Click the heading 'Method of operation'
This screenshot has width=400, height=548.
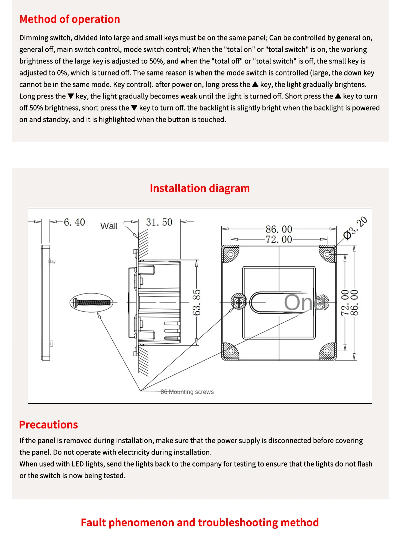pos(70,19)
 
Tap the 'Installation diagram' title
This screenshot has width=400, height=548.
pos(200,188)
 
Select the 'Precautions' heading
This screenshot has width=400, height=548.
pos(48,424)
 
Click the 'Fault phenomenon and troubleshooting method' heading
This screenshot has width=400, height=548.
pos(200,522)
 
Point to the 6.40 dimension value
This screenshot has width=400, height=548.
pos(74,222)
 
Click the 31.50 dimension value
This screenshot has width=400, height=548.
pos(159,222)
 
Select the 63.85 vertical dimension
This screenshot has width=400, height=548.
pos(197,303)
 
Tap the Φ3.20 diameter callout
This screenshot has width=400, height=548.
pos(356,228)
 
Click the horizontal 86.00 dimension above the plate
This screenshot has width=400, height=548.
pos(279,229)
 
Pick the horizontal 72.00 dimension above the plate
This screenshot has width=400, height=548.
pos(279,239)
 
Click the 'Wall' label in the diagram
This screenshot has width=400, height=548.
pos(109,226)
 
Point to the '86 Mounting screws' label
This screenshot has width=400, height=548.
pos(187,392)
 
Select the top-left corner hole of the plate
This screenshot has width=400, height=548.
pos(230,254)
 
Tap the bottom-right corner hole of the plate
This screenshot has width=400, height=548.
pos(327,351)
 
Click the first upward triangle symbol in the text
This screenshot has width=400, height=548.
pos(255,84)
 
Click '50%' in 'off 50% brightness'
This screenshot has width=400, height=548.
pos(36,108)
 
